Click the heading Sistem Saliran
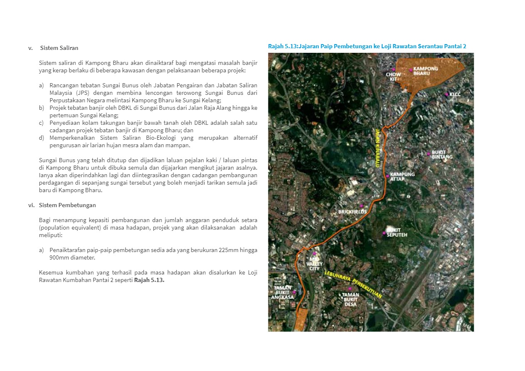point(59,48)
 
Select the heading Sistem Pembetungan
point(67,205)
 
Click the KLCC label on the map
point(455,94)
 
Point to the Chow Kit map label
point(393,77)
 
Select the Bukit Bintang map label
point(442,154)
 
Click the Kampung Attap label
point(402,176)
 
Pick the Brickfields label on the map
point(352,212)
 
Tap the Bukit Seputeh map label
point(397,232)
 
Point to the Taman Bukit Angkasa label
point(282,292)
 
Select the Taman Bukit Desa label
point(350,299)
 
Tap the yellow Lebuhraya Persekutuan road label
point(353,282)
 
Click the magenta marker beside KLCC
point(446,94)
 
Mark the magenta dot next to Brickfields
point(362,206)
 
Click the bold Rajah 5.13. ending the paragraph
point(149,280)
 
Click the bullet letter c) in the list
point(41,123)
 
